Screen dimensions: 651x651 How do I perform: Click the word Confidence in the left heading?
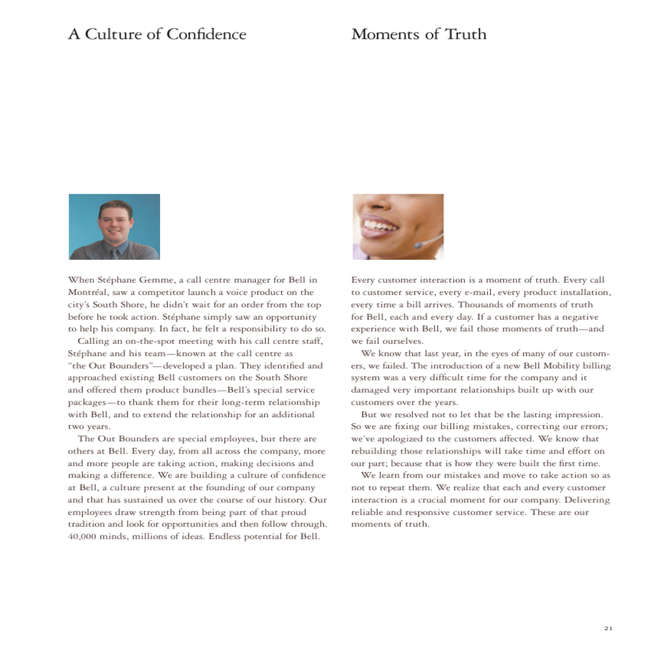click(x=206, y=34)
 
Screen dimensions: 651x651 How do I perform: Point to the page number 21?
click(x=608, y=628)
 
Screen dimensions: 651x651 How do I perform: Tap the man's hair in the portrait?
click(x=116, y=207)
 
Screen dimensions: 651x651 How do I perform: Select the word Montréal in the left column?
click(x=87, y=293)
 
